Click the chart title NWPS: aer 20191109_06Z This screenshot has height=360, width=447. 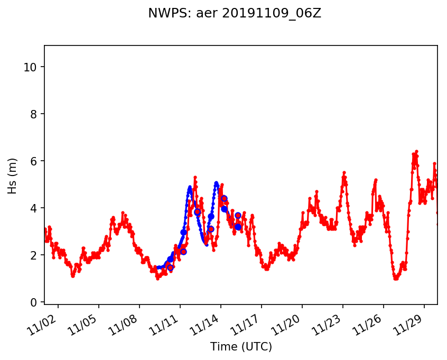point(235,14)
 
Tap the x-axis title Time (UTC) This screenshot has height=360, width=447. point(241,347)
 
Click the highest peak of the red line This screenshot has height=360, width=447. point(416,151)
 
